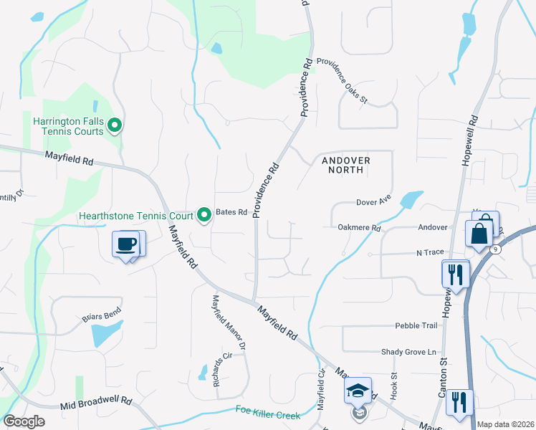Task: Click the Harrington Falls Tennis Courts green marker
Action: [x=114, y=128]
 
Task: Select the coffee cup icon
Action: [x=127, y=244]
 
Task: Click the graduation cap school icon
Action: [x=357, y=391]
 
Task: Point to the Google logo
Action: [x=24, y=421]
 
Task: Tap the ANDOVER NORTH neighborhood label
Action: [x=345, y=165]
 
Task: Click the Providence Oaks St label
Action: [x=341, y=80]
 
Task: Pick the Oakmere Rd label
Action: [x=359, y=227]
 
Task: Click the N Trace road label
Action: [x=431, y=253]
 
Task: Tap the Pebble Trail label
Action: [x=416, y=325]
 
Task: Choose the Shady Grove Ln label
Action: [x=408, y=352]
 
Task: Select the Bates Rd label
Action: [x=232, y=213]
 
